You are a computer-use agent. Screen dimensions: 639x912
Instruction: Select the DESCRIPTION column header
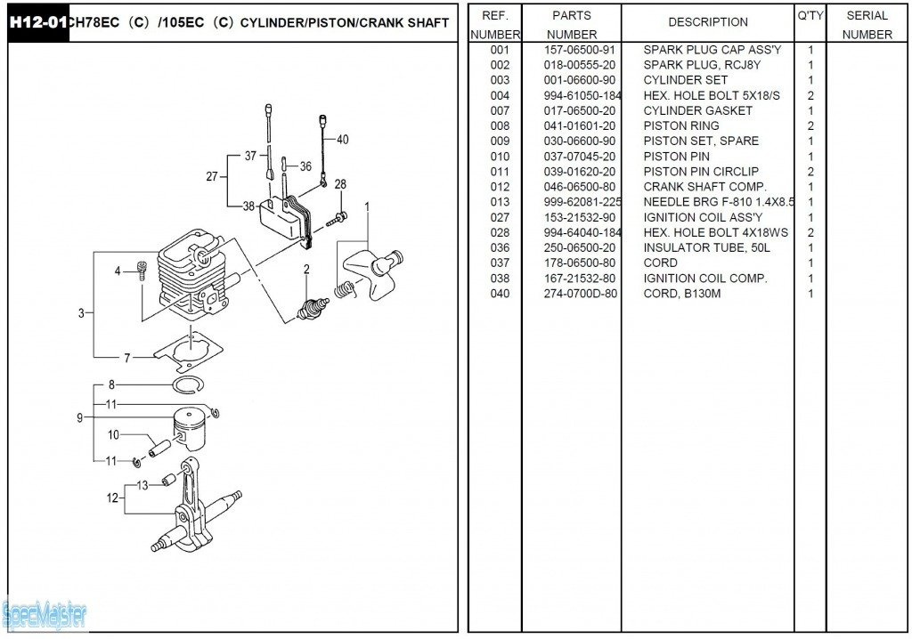708,22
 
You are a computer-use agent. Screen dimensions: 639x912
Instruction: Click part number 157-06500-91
579,50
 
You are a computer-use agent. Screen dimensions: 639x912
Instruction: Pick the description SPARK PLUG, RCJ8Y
702,65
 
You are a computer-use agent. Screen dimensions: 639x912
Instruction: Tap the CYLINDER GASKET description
697,110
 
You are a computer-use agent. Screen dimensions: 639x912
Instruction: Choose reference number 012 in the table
500,187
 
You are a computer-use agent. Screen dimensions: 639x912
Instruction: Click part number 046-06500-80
579,187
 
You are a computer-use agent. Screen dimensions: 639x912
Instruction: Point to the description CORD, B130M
681,294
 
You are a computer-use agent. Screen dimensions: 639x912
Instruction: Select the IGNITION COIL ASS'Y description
703,217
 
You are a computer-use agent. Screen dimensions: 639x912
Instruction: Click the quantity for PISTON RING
810,125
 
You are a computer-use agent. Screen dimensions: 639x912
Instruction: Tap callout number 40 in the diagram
342,140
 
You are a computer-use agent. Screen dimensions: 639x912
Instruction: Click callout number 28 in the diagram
340,184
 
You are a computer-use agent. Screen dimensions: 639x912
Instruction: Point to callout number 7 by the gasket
126,358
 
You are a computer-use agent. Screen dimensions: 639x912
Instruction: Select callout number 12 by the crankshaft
112,498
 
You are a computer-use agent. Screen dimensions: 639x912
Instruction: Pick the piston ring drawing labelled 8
189,384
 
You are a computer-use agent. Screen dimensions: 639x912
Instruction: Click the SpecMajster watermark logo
45,613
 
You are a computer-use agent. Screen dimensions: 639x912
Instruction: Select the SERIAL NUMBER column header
867,25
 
